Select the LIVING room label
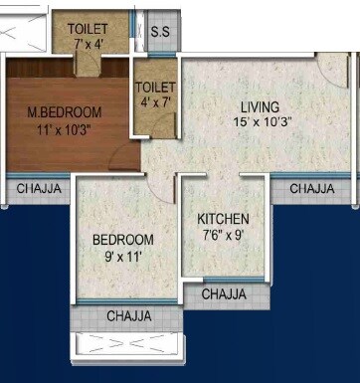coord(259,106)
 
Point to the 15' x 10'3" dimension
coord(259,122)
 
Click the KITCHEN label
coord(223,219)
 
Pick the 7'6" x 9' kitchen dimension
coord(223,236)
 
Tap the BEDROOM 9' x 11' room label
coord(123,240)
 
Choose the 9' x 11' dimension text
coord(123,256)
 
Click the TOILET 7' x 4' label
coord(88,29)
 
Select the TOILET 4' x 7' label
coord(155,88)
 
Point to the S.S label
coord(160,32)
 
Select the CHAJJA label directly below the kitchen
coord(224,294)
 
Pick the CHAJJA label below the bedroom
coord(129,316)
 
